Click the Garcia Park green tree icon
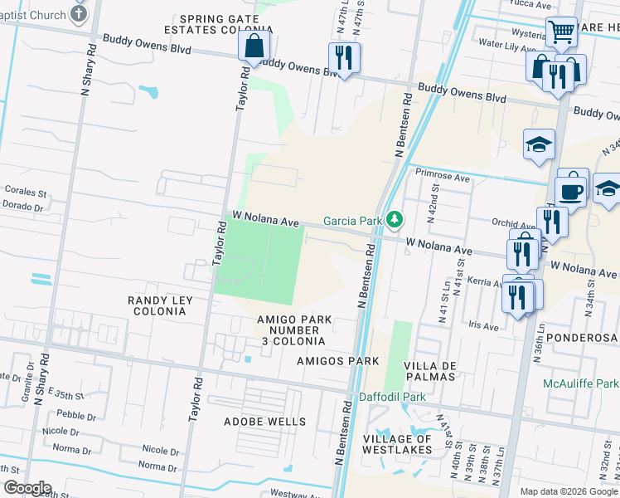[x=395, y=220]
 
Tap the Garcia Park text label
[x=351, y=221]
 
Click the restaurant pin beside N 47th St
[x=341, y=57]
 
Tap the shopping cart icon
[x=561, y=32]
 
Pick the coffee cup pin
[x=572, y=191]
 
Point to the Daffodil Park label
[x=392, y=397]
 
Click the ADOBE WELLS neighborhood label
[x=264, y=422]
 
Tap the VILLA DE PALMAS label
[x=430, y=373]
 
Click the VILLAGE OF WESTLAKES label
[x=397, y=444]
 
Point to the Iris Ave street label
[x=484, y=327]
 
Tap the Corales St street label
[x=27, y=190]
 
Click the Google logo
[x=27, y=488]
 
